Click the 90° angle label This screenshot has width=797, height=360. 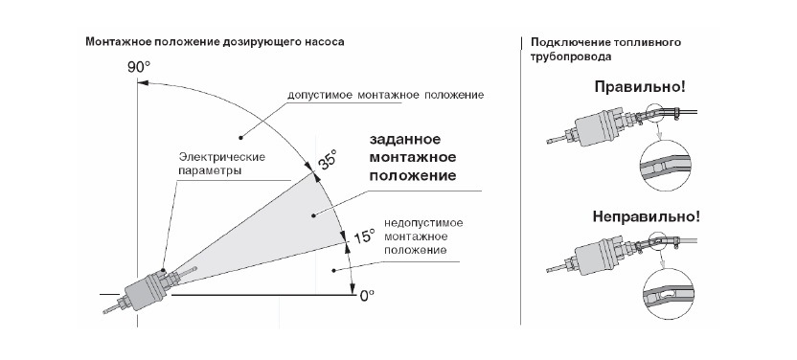tap(139, 67)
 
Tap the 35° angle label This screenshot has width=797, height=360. tap(328, 162)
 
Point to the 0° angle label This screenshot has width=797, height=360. tap(365, 297)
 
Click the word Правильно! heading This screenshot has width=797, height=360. tap(640, 86)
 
